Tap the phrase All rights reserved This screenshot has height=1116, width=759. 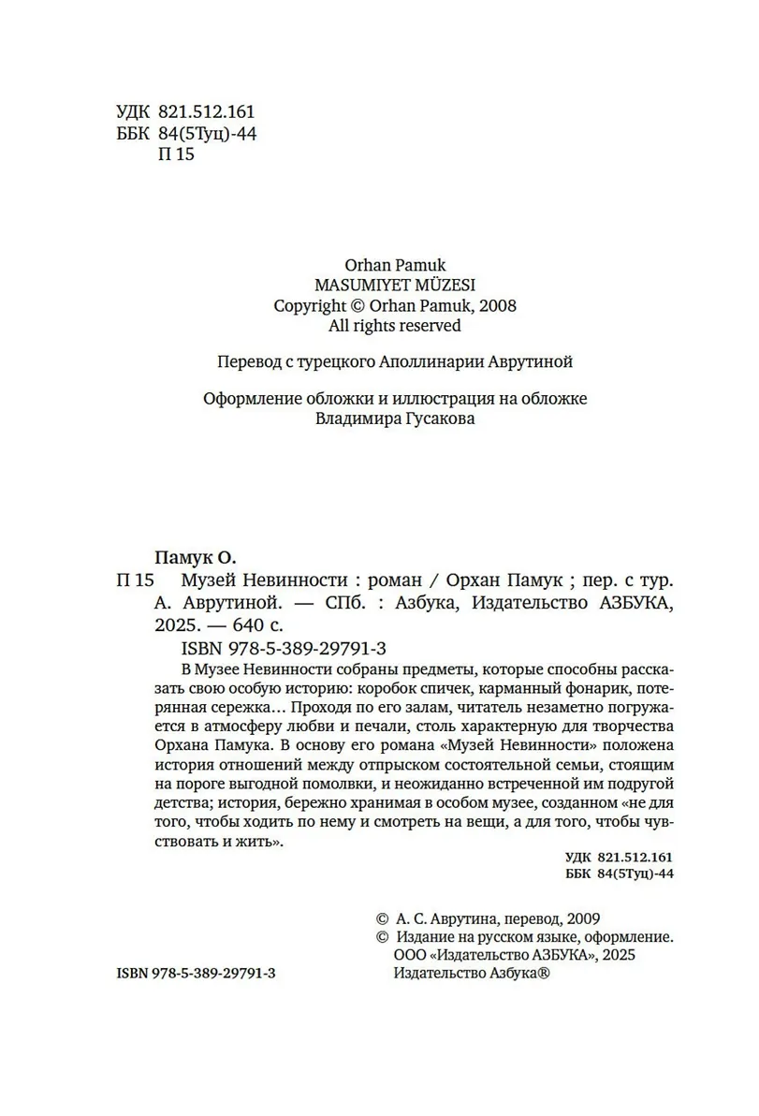[394, 326]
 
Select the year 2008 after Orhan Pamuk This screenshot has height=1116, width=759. [497, 305]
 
